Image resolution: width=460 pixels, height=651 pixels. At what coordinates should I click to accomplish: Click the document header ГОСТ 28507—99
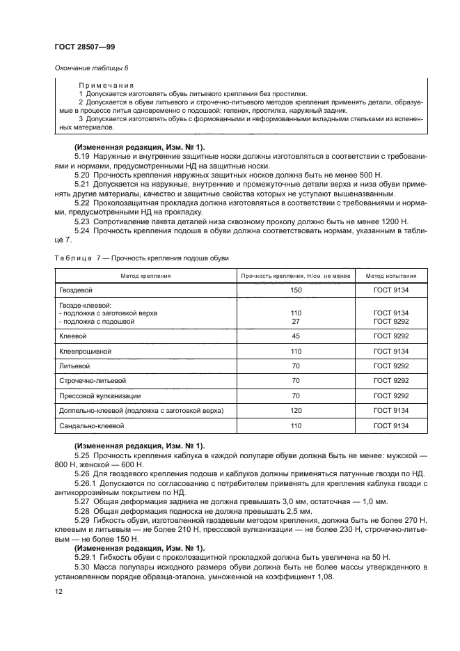pyautogui.click(x=75, y=45)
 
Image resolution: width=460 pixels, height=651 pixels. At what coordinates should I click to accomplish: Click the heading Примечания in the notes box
pyautogui.click(x=104, y=85)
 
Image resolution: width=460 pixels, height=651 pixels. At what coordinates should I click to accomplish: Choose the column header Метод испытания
pyautogui.click(x=390, y=276)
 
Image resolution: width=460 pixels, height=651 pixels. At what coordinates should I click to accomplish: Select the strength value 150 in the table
pyautogui.click(x=295, y=289)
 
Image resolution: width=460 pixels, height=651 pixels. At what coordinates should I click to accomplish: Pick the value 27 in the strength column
pyautogui.click(x=295, y=322)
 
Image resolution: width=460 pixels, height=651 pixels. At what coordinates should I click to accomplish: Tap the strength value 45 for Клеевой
pyautogui.click(x=295, y=336)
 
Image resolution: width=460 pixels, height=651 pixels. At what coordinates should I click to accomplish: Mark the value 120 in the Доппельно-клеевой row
pyautogui.click(x=295, y=411)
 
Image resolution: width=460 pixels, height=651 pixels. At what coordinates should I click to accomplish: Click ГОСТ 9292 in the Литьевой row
pyautogui.click(x=390, y=366)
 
